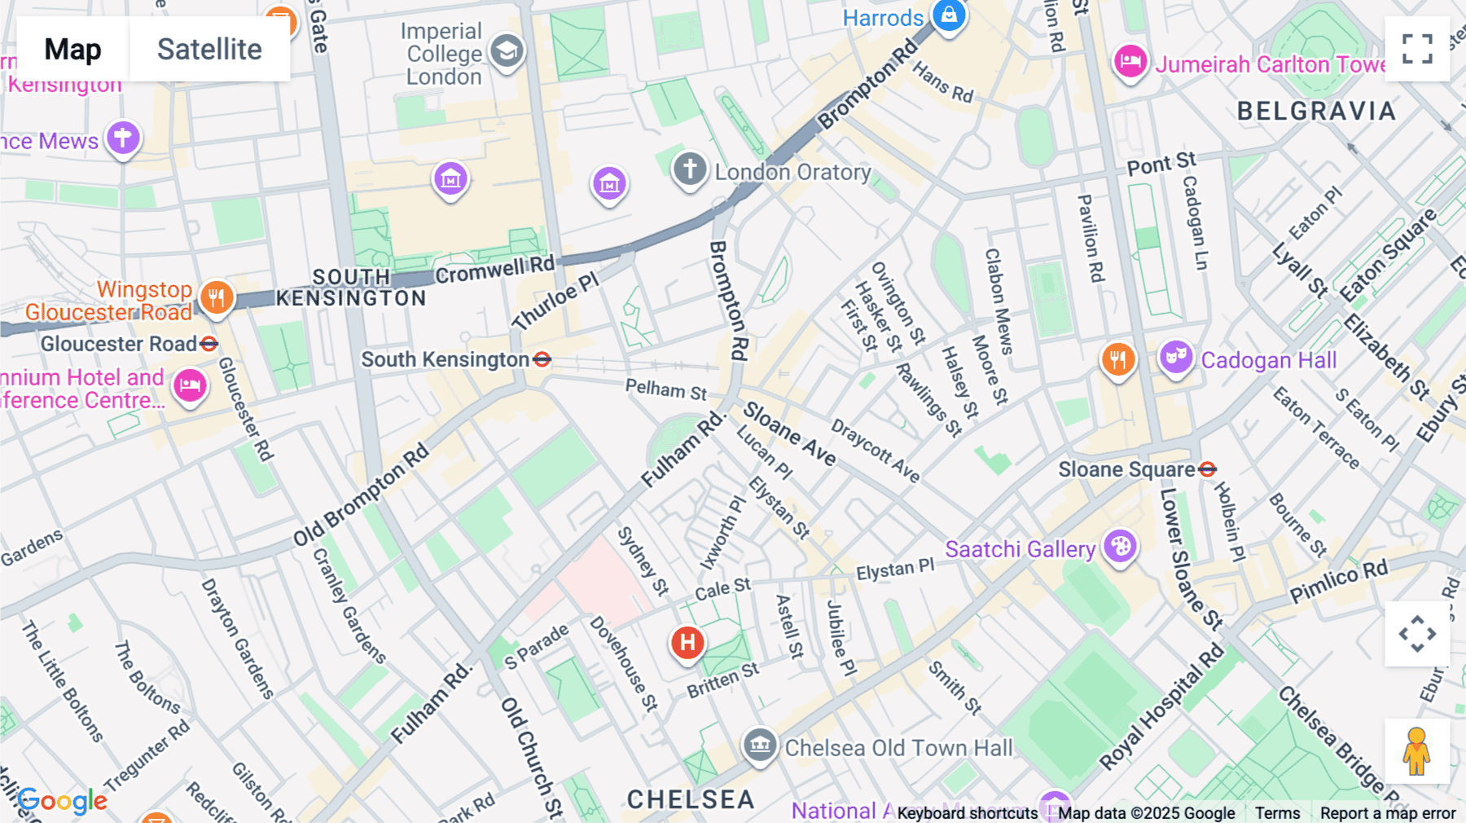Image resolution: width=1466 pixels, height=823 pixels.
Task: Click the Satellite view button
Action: pyautogui.click(x=209, y=49)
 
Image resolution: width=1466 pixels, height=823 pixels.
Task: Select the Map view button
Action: pyautogui.click(x=72, y=49)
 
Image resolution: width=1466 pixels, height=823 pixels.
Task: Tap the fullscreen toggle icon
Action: pyautogui.click(x=1417, y=49)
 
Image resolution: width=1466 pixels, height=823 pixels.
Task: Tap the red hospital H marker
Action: pyautogui.click(x=687, y=642)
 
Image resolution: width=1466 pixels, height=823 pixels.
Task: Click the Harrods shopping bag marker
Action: pyautogui.click(x=949, y=15)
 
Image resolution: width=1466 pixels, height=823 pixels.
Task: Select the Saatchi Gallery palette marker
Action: pyautogui.click(x=1120, y=546)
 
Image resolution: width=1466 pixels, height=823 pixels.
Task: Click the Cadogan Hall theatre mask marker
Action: pyautogui.click(x=1175, y=356)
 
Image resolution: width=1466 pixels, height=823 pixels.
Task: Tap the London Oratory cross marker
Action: pyautogui.click(x=690, y=169)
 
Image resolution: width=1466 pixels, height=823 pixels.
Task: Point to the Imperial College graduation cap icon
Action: pyautogui.click(x=507, y=51)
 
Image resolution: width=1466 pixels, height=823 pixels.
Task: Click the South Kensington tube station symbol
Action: pyautogui.click(x=542, y=359)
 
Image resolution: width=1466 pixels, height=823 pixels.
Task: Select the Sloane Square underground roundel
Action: pyautogui.click(x=1208, y=469)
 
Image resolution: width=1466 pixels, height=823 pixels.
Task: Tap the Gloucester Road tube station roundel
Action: pyautogui.click(x=209, y=344)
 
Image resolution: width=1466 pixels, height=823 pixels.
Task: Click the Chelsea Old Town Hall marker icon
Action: pyautogui.click(x=759, y=744)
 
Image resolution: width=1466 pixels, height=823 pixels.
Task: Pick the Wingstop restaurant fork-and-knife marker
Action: pyautogui.click(x=216, y=297)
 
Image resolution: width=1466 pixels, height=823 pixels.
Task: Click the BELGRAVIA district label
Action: pyautogui.click(x=1316, y=111)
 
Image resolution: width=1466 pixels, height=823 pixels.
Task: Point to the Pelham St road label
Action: pyautogui.click(x=665, y=389)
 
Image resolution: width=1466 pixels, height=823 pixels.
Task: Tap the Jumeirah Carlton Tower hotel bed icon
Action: pyautogui.click(x=1130, y=61)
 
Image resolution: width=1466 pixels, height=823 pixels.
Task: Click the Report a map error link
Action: pyautogui.click(x=1388, y=812)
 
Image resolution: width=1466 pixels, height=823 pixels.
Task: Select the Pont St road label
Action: pyautogui.click(x=1161, y=164)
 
